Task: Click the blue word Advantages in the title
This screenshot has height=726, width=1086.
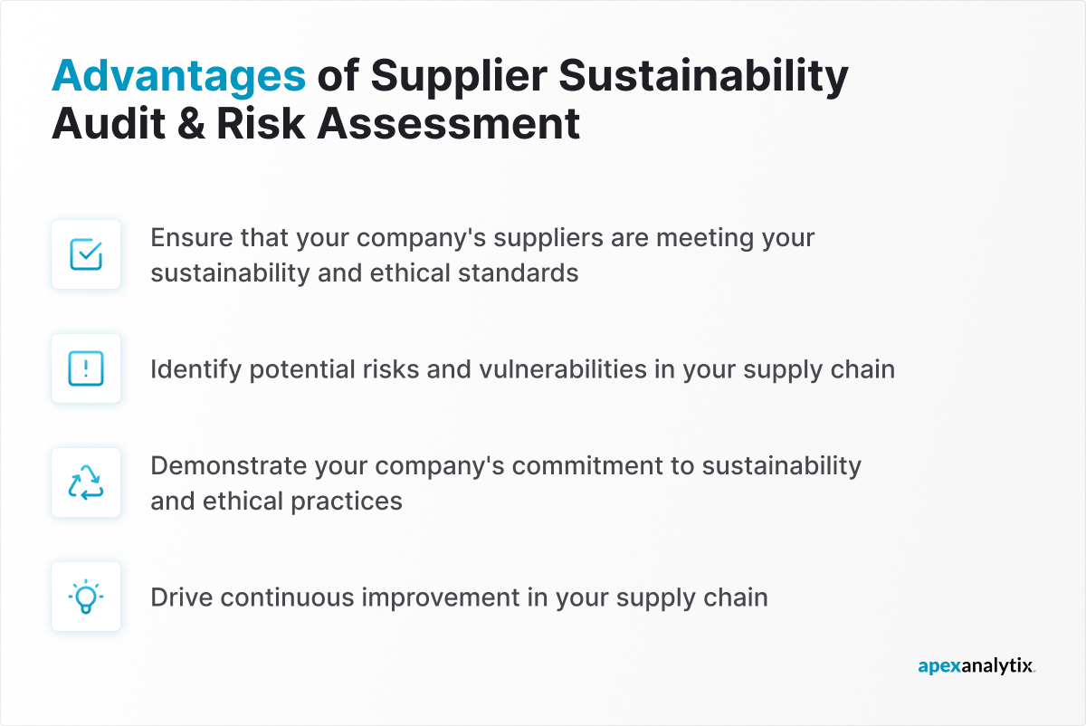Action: tap(178, 76)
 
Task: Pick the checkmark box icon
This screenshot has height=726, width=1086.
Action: tap(86, 255)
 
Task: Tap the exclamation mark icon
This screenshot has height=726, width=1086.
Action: tap(86, 368)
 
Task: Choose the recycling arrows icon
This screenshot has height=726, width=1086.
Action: tap(86, 482)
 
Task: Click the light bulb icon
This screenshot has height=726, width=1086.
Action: tap(86, 597)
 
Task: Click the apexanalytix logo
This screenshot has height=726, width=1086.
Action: tap(976, 667)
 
